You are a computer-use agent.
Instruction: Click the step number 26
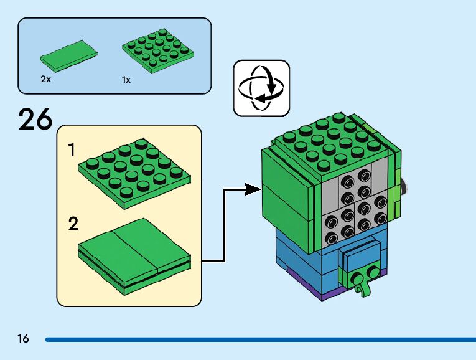click(35, 119)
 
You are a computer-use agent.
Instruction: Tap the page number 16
click(23, 339)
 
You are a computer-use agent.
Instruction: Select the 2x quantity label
click(45, 80)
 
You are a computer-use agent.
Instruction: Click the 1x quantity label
click(126, 80)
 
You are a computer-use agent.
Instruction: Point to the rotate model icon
click(261, 88)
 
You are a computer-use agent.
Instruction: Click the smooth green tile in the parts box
click(68, 54)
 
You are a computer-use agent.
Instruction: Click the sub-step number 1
click(72, 150)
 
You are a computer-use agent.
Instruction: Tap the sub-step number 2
click(73, 224)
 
